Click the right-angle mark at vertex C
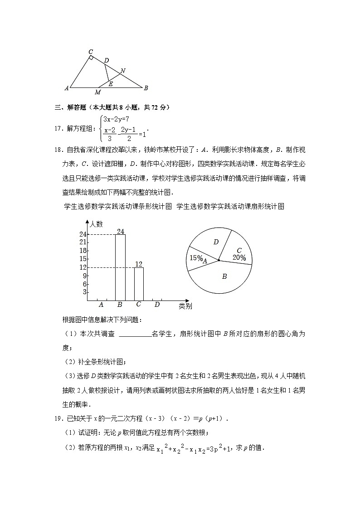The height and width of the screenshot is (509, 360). (91, 58)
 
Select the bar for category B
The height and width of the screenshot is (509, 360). (120, 267)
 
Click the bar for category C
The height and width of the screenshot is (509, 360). (139, 284)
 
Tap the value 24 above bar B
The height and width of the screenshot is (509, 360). (120, 232)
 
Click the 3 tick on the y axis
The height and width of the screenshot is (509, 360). (84, 292)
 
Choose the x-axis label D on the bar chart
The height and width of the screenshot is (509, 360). (157, 305)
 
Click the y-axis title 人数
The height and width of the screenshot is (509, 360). (96, 223)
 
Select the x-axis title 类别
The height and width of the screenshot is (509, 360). (185, 306)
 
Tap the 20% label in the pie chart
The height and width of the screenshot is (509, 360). (239, 258)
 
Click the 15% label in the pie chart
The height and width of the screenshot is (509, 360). (196, 258)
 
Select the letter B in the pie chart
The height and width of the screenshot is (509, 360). (224, 276)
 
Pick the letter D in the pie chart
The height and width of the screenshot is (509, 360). (216, 242)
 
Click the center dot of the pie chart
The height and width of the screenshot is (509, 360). (219, 260)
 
